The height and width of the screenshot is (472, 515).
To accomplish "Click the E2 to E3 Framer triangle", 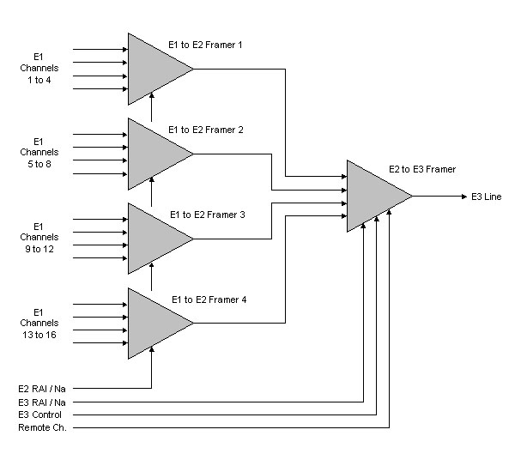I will [373, 196].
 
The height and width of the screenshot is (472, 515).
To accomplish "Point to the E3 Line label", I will [486, 197].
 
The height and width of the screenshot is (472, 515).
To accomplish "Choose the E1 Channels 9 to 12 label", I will [39, 237].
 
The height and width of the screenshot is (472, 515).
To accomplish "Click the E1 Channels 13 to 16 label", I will [39, 322].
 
